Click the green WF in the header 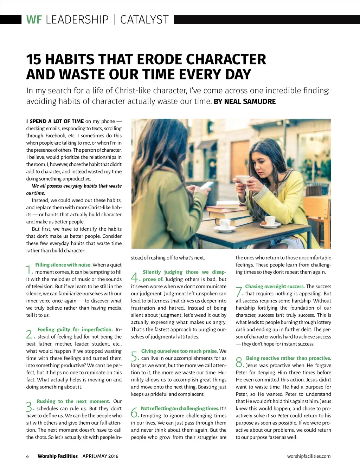pos(34,20)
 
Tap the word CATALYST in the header pos(144,20)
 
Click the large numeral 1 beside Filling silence pos(30,270)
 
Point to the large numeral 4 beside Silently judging pos(135,277)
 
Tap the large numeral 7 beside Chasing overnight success pos(239,291)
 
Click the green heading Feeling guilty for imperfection pos(75,329)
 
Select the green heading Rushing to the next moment pos(73,401)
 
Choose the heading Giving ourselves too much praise pos(179,351)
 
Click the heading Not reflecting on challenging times pos(180,408)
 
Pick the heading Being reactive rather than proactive pos(288,358)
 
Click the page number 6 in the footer pos(27,456)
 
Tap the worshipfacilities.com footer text pos(309,456)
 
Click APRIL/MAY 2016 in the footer pos(100,456)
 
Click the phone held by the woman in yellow pos(242,179)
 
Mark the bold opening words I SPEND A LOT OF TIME pos(55,121)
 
